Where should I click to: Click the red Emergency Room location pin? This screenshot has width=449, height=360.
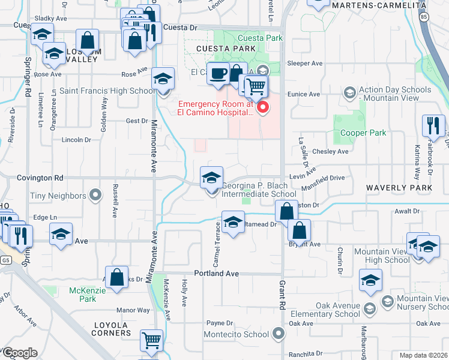pyautogui.click(x=262, y=108)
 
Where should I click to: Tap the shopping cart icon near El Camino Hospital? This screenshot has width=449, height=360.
pyautogui.click(x=256, y=86)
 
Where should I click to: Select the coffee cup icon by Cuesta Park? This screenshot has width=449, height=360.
pyautogui.click(x=217, y=73)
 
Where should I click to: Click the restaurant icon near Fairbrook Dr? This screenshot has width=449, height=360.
pyautogui.click(x=433, y=126)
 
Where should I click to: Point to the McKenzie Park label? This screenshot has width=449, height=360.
pyautogui.click(x=83, y=295)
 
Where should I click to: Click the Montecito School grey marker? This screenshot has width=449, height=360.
pyautogui.click(x=277, y=333)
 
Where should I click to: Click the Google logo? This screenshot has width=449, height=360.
pyautogui.click(x=19, y=352)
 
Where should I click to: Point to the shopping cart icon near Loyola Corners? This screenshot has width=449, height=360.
pyautogui.click(x=151, y=340)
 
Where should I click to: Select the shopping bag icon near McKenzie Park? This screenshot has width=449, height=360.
pyautogui.click(x=117, y=277)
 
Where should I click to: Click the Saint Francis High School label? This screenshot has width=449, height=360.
pyautogui.click(x=107, y=91)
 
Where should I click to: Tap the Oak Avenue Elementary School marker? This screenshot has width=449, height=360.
pyautogui.click(x=370, y=309)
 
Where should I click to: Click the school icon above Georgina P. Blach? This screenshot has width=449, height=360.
pyautogui.click(x=211, y=178)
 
